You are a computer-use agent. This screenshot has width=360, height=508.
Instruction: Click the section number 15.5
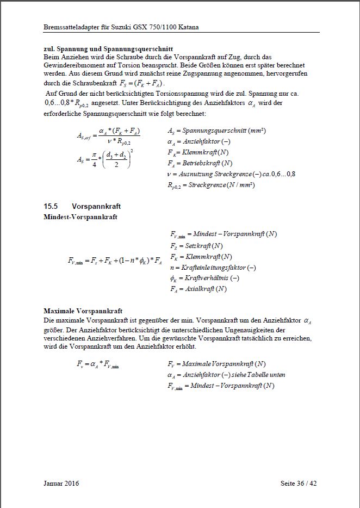coord(52,207)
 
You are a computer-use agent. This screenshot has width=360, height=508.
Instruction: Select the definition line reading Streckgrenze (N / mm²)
coord(212,185)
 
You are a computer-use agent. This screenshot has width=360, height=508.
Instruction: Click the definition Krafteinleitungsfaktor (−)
coord(213,268)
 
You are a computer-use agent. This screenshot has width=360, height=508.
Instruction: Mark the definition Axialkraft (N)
coord(198,289)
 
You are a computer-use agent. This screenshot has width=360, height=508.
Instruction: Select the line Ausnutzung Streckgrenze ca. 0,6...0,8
coord(232,174)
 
